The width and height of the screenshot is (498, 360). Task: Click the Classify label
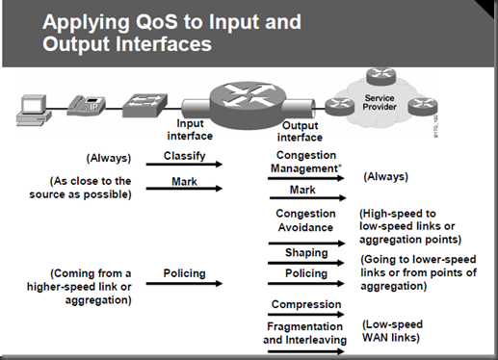(x=184, y=155)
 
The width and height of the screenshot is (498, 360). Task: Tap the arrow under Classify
(x=184, y=165)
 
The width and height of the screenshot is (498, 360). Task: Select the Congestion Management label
(x=305, y=161)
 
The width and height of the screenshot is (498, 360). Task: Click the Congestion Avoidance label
(x=305, y=220)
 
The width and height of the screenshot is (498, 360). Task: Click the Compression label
(x=305, y=303)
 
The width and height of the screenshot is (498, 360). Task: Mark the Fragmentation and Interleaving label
(x=305, y=333)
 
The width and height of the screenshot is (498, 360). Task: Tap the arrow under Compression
(x=305, y=314)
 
